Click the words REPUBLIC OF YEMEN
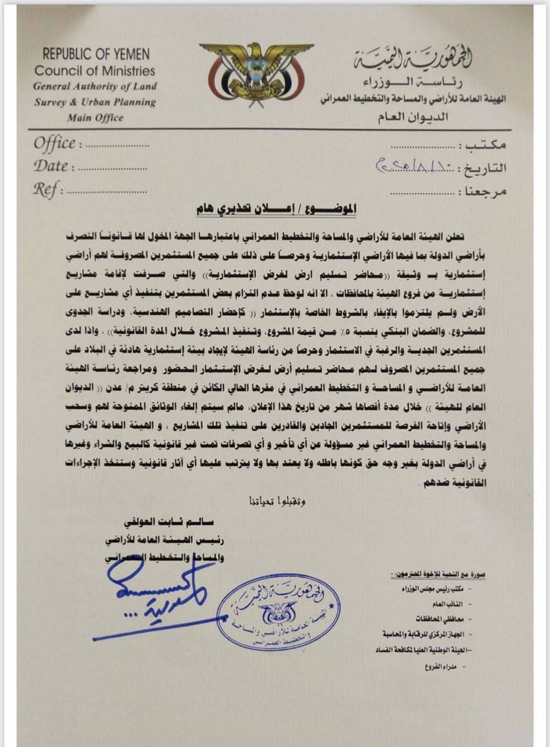(96, 55)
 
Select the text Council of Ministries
(95, 71)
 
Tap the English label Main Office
(95, 117)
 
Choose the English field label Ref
(47, 190)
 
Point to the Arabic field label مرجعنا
(484, 191)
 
